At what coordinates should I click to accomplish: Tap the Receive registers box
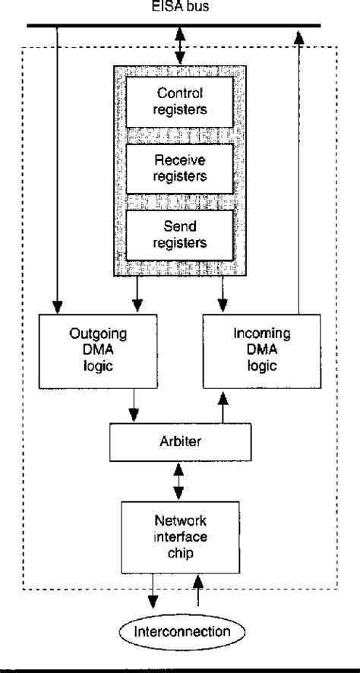coord(181,169)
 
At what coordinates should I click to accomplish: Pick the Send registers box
coord(181,235)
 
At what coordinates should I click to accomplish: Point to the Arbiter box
coord(181,441)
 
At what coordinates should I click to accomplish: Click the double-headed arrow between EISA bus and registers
coord(181,47)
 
